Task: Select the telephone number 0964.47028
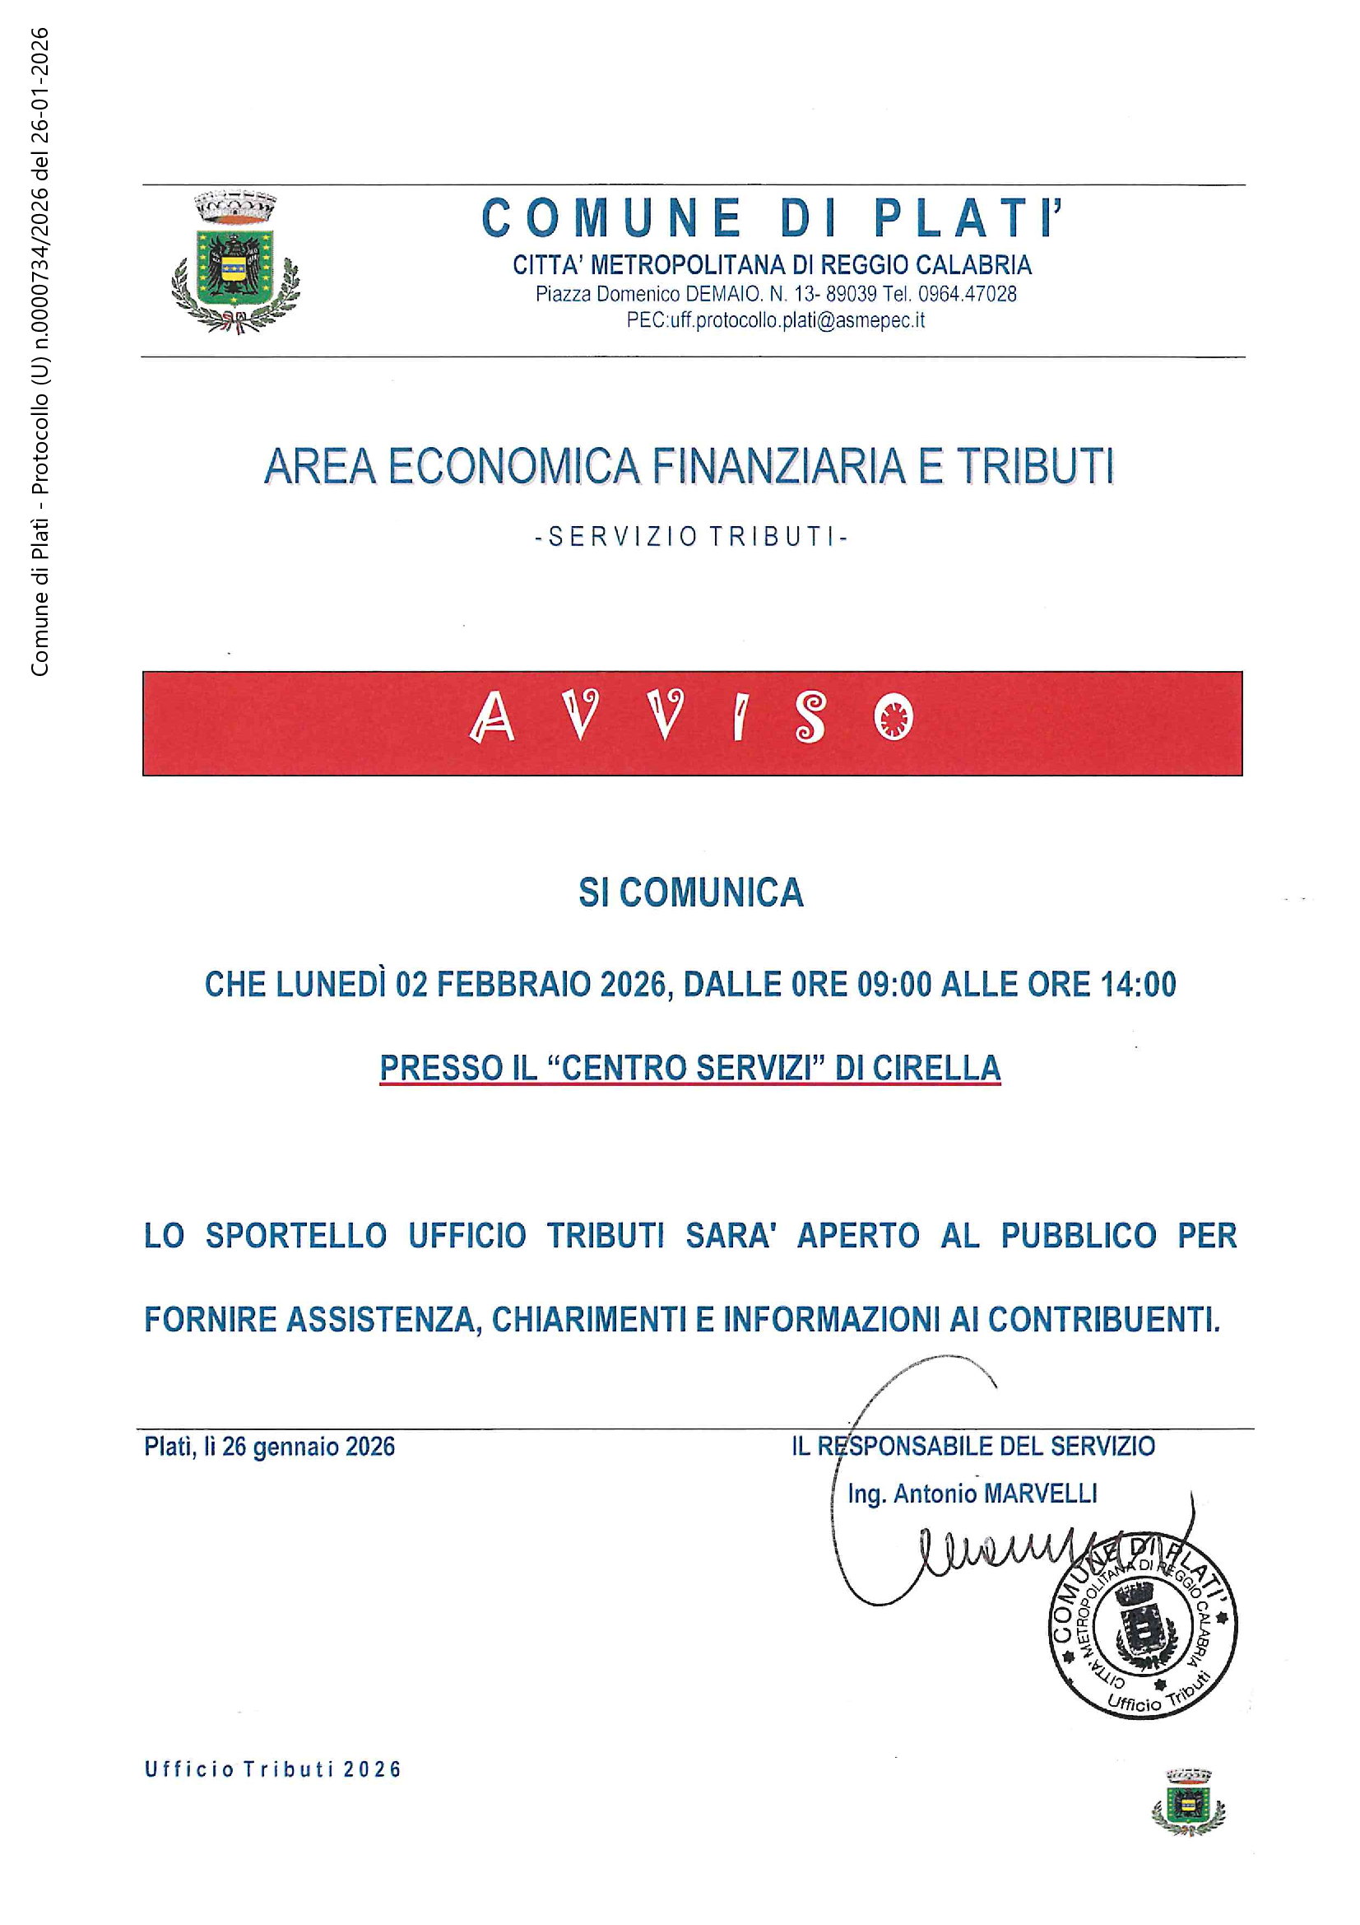click(968, 294)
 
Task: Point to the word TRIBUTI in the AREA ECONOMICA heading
click(1035, 466)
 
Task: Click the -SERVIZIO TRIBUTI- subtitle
click(691, 537)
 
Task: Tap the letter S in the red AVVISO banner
click(810, 718)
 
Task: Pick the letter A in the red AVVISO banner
click(492, 719)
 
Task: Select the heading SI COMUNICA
click(690, 893)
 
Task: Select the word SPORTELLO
click(296, 1236)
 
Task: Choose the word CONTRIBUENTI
click(1103, 1320)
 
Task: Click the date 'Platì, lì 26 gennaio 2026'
click(269, 1447)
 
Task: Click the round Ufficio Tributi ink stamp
click(1143, 1628)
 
